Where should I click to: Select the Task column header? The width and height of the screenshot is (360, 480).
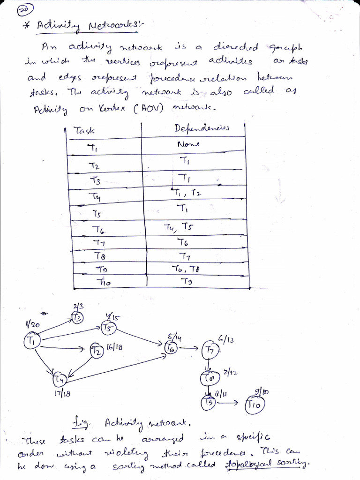click(84, 131)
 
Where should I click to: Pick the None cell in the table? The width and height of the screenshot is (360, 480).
click(188, 144)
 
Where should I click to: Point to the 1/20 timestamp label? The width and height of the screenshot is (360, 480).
click(33, 324)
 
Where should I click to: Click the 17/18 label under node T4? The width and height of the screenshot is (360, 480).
click(62, 393)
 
